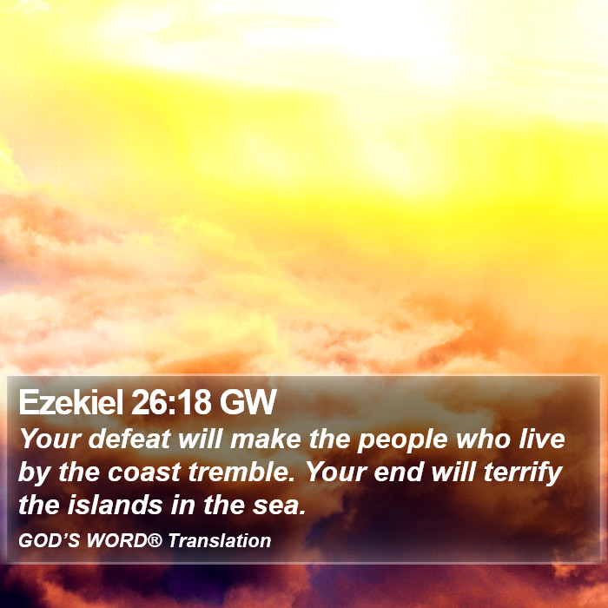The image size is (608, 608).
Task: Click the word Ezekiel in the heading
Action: pos(71,402)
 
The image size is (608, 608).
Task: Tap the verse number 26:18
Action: pos(171,402)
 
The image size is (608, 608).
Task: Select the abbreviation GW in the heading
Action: pos(248,402)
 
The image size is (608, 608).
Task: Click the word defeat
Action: pos(129,439)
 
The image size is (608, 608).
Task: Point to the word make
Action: pos(266,439)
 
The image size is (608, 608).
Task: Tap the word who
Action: pos(483,439)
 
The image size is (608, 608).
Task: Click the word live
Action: pos(542,439)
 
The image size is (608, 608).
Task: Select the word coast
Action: pos(144,473)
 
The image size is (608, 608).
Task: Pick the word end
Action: pos(399,473)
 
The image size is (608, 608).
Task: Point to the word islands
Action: pos(116,506)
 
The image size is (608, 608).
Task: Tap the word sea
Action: pos(279,506)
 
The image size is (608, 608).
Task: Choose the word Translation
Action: pos(220,540)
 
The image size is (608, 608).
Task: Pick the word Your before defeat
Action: pos(50,439)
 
